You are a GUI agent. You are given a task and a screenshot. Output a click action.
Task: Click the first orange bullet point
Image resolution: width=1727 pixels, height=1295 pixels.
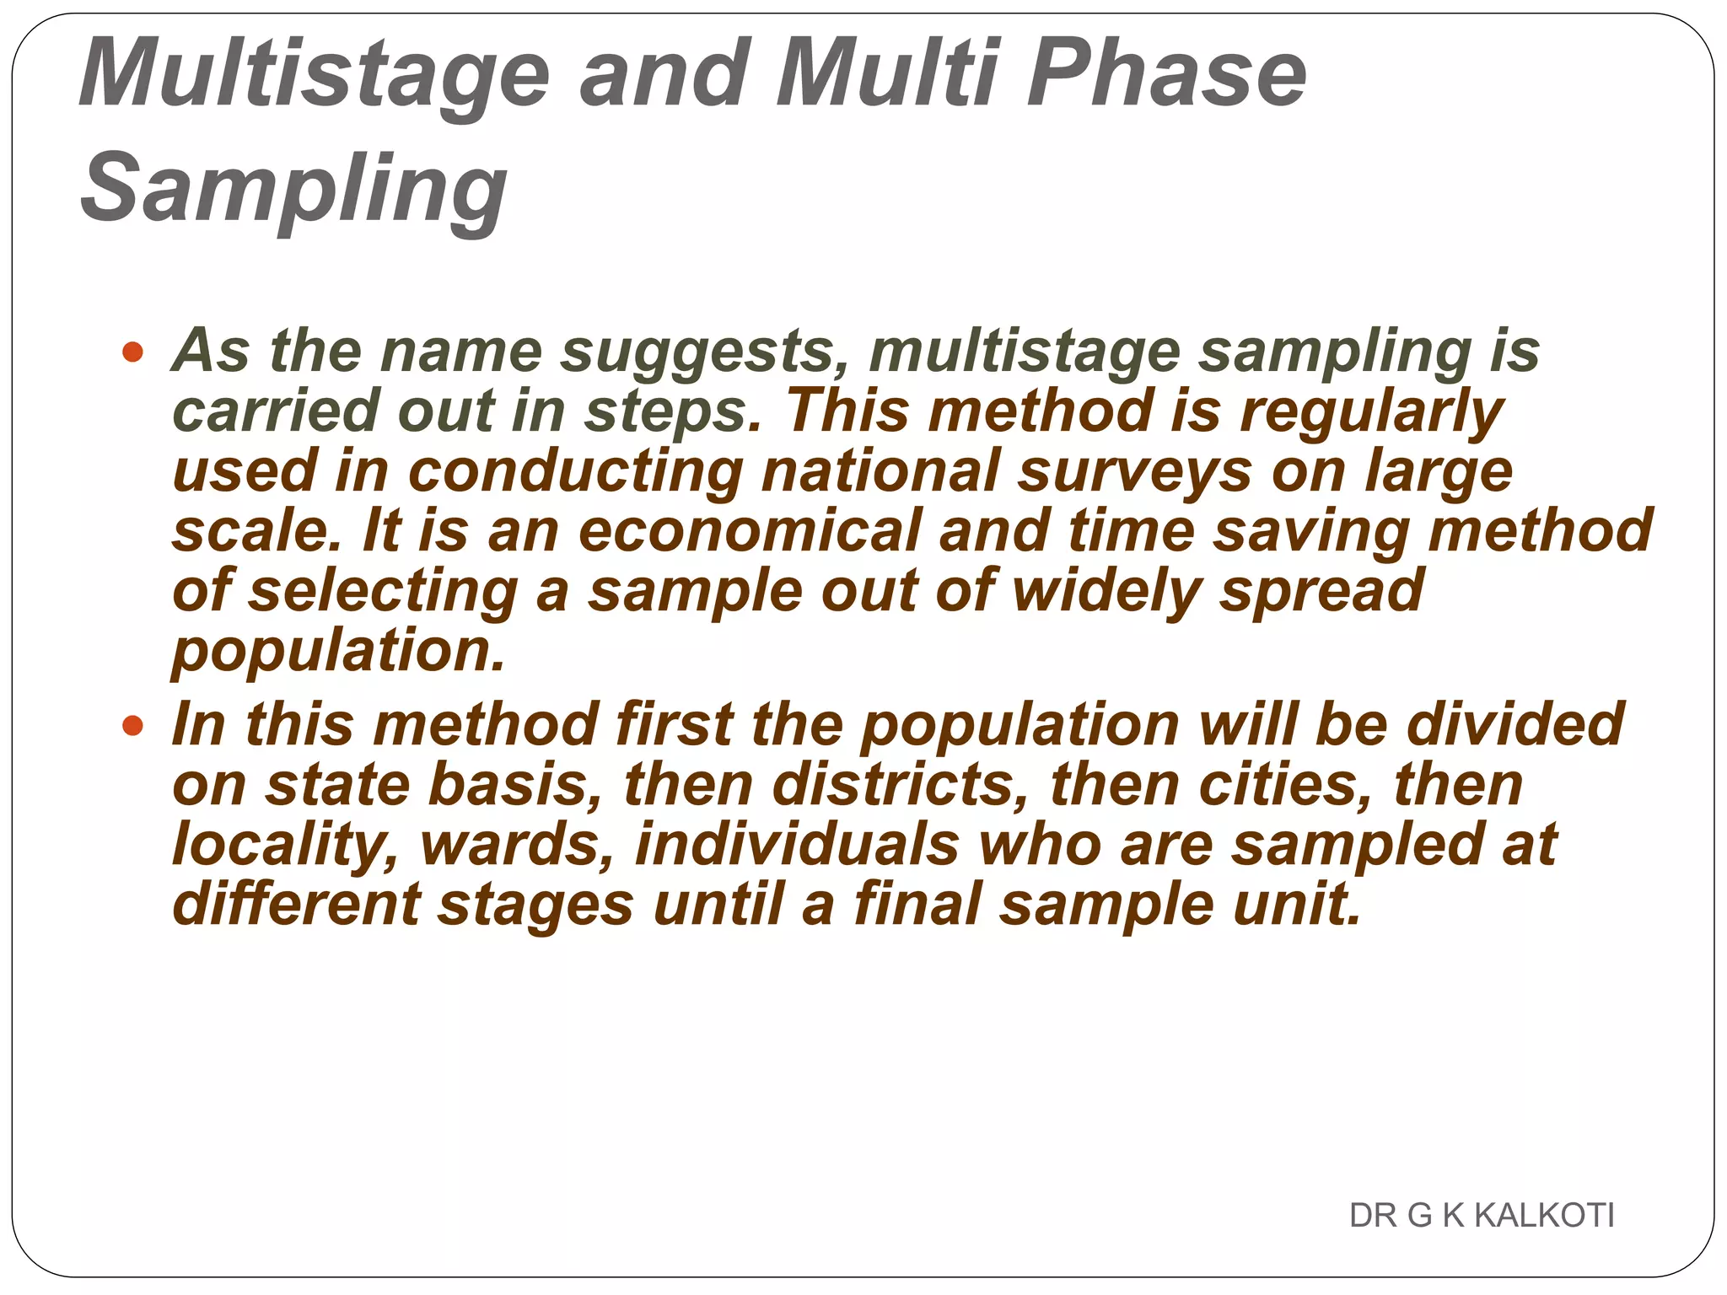click(x=132, y=351)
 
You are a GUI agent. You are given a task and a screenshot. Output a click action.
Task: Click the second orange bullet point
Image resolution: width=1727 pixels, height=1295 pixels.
click(x=132, y=725)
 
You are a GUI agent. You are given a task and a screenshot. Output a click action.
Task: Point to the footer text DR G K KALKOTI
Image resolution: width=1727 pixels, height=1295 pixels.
click(x=1481, y=1215)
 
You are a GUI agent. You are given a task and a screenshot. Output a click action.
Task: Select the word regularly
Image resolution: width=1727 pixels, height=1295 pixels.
click(x=1372, y=411)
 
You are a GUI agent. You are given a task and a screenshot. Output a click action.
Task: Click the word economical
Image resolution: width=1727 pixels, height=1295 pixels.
click(x=750, y=530)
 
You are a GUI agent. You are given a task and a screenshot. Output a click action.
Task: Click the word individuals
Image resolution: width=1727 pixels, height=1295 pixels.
click(x=797, y=845)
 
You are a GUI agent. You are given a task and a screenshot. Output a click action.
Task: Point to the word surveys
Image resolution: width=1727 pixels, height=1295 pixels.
click(x=1135, y=470)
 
